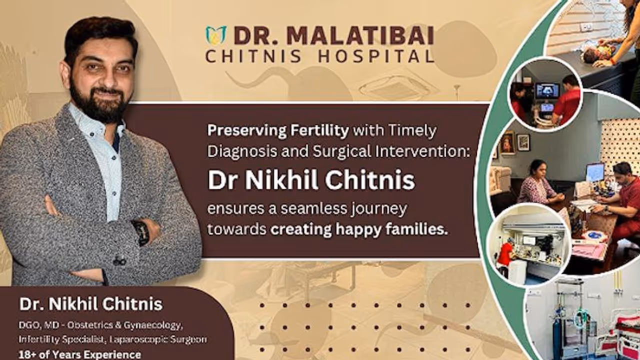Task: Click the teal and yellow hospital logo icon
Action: pos(216,35)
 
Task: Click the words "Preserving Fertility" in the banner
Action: pos(278,131)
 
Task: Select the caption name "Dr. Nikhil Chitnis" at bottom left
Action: pos(90,303)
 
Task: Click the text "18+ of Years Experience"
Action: pos(80,354)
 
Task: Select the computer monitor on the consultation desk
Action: pos(595,173)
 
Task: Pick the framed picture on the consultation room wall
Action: pos(523,142)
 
